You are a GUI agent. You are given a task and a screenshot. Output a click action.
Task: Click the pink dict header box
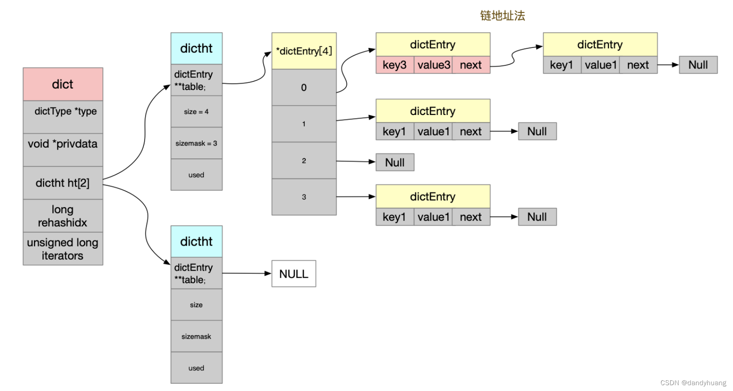pos(63,84)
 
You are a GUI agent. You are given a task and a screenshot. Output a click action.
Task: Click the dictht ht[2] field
pos(63,183)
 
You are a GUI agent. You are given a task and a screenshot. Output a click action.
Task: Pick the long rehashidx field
pos(63,216)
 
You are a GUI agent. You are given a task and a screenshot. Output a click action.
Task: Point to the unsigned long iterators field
pos(63,249)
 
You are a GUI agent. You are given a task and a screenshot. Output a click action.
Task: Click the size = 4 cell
pos(196,111)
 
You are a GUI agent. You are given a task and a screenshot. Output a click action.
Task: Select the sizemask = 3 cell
pos(196,143)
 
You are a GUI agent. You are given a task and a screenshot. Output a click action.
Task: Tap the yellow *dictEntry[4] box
pos(304,51)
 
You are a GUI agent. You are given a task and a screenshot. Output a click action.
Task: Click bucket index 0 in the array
pos(304,88)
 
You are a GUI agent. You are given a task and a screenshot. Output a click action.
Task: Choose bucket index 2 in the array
pos(304,161)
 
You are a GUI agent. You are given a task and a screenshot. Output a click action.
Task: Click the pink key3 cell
pos(395,65)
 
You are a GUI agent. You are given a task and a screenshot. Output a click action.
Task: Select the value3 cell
pos(433,65)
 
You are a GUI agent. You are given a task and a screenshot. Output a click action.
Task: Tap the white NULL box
pos(294,274)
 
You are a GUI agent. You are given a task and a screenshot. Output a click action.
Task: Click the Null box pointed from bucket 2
pos(395,162)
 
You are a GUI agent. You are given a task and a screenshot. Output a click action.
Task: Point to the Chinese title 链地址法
pos(502,16)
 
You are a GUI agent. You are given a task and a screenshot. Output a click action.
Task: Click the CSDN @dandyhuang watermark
pos(693,382)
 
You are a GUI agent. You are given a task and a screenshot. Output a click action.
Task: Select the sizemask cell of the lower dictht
pos(196,336)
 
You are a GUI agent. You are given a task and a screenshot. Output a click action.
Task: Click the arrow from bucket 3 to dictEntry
pos(355,197)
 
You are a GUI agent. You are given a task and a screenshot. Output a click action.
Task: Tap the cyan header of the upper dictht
pos(196,48)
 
